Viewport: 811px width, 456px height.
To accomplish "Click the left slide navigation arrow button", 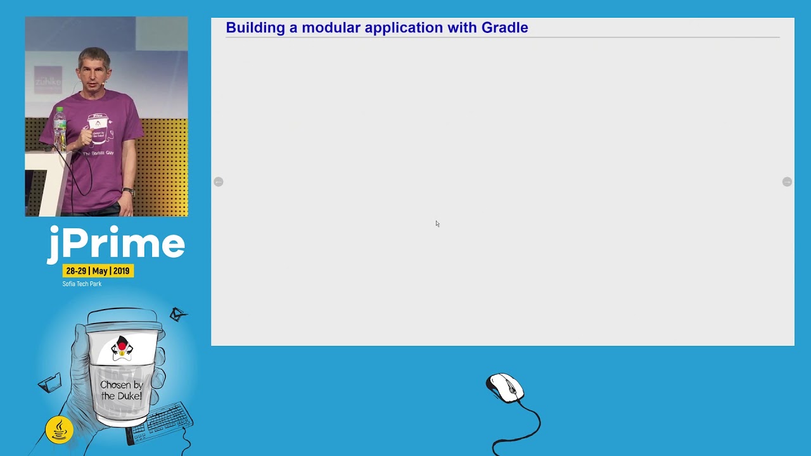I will point(219,182).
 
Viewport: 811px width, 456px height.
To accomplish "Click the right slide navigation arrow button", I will point(787,182).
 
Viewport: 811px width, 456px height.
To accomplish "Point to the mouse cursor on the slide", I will point(437,224).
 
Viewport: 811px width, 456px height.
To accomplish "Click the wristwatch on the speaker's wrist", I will point(129,192).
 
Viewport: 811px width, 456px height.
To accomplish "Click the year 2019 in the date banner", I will point(121,271).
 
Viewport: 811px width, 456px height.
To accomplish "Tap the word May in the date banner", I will point(99,271).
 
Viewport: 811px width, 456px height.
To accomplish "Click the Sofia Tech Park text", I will point(82,284).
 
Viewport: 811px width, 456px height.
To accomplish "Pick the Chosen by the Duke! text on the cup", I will point(121,390).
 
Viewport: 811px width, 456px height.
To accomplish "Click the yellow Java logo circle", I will point(60,430).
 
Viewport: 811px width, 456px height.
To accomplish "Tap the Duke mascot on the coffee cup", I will point(122,348).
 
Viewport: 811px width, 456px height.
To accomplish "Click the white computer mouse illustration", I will point(505,388).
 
